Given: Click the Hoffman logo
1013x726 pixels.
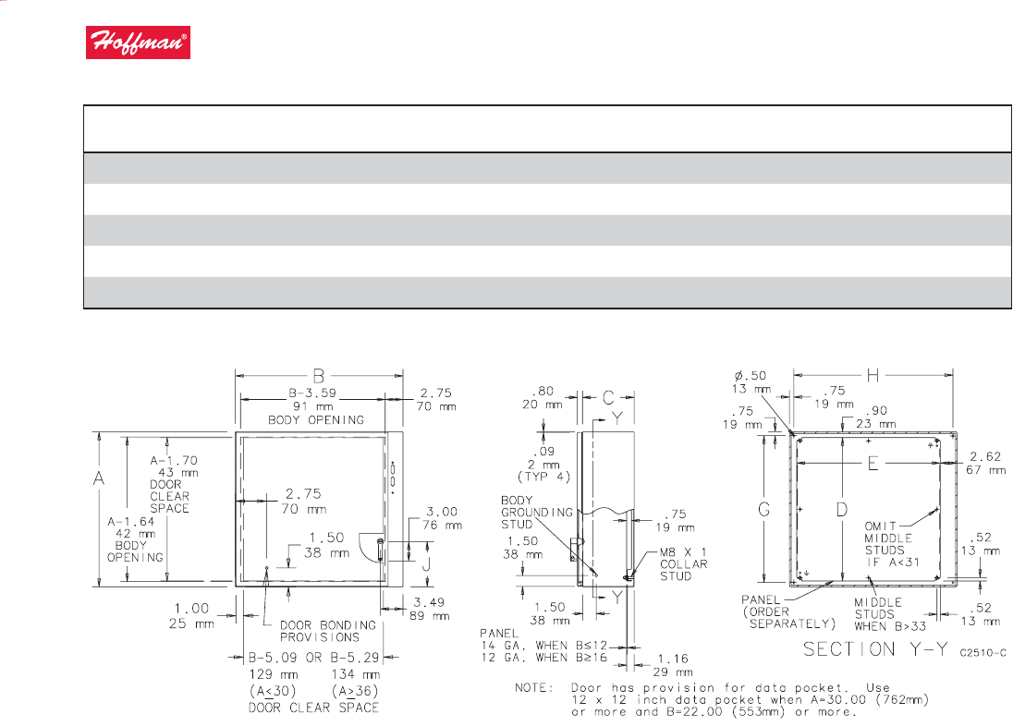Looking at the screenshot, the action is point(138,42).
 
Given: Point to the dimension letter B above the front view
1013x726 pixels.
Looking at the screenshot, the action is point(319,376).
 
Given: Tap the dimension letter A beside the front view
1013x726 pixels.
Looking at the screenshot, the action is point(99,478).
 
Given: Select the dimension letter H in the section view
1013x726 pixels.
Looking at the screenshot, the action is point(873,375).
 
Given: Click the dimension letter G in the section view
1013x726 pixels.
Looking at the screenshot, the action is point(763,510).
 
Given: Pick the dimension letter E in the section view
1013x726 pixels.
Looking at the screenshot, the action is point(873,464).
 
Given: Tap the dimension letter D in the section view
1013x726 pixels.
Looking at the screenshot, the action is point(841,510).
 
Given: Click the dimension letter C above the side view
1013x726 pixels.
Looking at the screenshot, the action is point(608,398).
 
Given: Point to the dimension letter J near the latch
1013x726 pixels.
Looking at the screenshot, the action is point(426,565).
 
